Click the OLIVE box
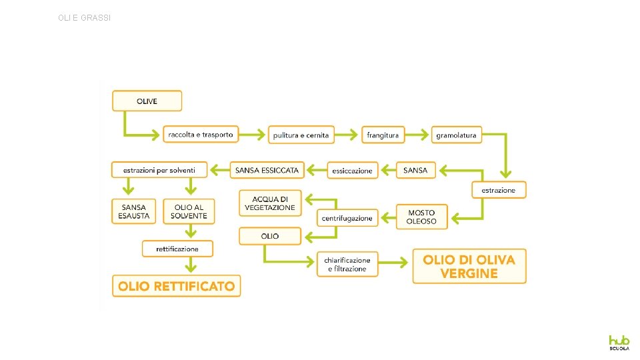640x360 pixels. pos(147,101)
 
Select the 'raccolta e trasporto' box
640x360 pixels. pos(201,135)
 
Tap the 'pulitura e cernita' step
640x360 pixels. pos(301,135)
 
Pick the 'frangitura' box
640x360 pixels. pos(383,135)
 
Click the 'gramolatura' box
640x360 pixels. pos(456,135)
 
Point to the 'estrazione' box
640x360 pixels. pos(499,190)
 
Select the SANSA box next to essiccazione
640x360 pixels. pos(415,170)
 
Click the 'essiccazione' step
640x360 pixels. pos(353,171)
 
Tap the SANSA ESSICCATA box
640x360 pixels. pos(267,170)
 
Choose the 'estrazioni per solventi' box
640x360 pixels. pos(159,170)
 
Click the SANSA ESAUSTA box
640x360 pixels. pos(134,211)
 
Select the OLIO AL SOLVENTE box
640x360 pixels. pos(189,211)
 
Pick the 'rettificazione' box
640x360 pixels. pos(177,249)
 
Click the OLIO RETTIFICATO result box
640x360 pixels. pos(176,286)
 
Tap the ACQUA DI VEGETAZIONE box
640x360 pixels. pos(270,203)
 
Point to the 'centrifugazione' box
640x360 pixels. pos(347,218)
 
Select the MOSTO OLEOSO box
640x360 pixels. pos(422,217)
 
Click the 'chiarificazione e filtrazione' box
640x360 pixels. pos(347,264)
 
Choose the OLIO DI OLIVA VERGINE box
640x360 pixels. pos(469,267)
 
